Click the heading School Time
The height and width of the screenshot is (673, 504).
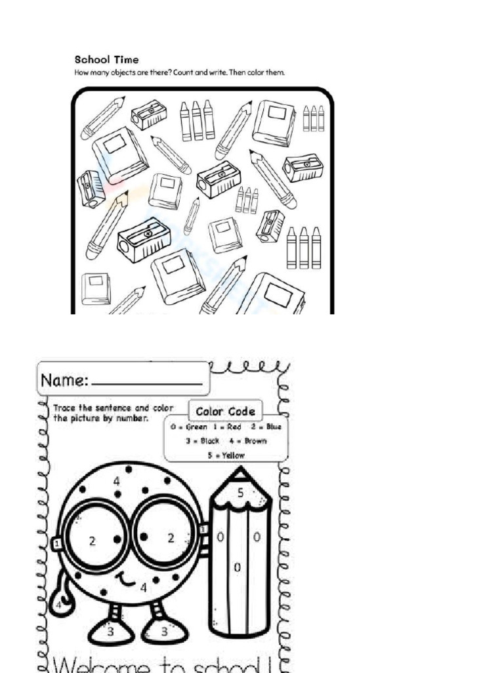(x=106, y=60)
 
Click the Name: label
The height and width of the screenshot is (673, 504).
(x=64, y=380)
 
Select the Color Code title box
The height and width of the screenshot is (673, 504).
(x=225, y=411)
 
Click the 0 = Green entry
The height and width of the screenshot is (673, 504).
(x=188, y=427)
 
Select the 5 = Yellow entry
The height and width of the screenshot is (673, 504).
(x=226, y=455)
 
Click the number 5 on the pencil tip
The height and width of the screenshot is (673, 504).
(x=241, y=492)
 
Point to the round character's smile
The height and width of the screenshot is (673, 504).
(x=125, y=580)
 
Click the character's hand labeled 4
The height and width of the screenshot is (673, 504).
(x=59, y=604)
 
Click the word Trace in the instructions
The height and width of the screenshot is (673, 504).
(x=64, y=408)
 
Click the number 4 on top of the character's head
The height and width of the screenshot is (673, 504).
(x=117, y=481)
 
